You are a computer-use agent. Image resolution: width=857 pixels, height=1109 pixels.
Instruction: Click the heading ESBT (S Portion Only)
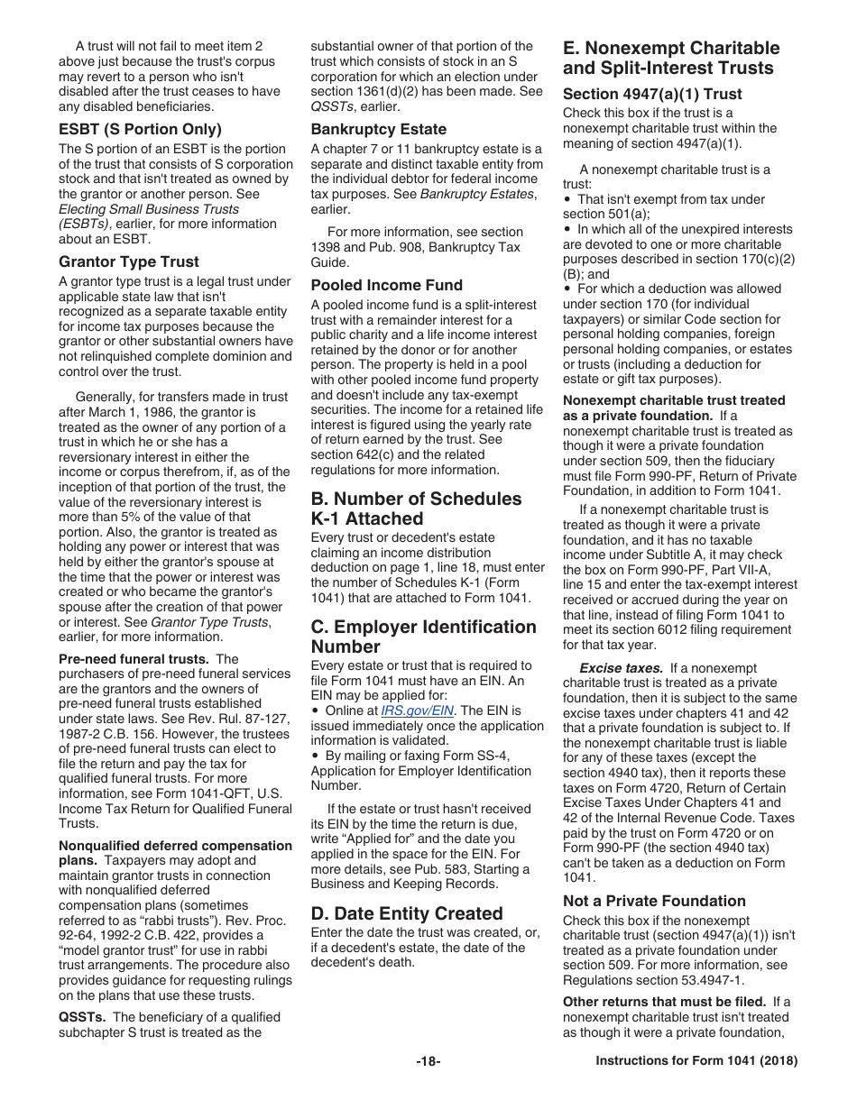pyautogui.click(x=140, y=129)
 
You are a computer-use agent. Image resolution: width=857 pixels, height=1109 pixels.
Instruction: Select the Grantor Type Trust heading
pyautogui.click(x=129, y=261)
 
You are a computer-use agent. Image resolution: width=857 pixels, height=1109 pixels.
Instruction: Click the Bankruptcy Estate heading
pyautogui.click(x=379, y=129)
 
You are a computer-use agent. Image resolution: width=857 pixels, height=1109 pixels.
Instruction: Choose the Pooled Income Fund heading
pyautogui.click(x=387, y=285)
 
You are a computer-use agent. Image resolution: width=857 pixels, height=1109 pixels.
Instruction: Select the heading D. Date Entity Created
pyautogui.click(x=407, y=913)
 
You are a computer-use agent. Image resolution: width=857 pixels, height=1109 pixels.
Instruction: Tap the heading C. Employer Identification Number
pyautogui.click(x=423, y=637)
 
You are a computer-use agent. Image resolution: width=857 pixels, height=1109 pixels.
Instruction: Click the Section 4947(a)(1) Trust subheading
pyautogui.click(x=652, y=94)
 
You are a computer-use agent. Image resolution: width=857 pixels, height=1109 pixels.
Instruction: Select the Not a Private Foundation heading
pyautogui.click(x=654, y=901)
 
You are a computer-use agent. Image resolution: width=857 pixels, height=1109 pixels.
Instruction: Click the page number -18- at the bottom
pyautogui.click(x=428, y=1061)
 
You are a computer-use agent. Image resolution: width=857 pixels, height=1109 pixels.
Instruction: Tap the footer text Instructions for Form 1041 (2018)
pyautogui.click(x=696, y=1061)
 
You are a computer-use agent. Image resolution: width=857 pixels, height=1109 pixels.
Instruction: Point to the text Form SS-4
pyautogui.click(x=498, y=756)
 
